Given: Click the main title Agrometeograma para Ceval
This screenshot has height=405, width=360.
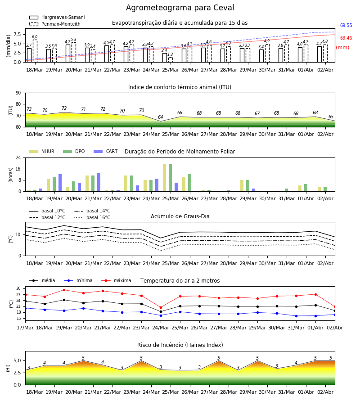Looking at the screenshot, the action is pos(180,8).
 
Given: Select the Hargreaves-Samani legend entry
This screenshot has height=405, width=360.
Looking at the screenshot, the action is pos(57,17).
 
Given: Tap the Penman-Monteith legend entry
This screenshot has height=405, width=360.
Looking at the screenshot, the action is pos(55,24).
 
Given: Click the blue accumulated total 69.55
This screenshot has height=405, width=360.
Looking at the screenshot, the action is pos(346,25).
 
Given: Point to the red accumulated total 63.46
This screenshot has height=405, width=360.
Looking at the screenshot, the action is pos(346,38).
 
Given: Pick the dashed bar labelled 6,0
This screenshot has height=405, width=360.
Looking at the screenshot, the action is pos(35,51).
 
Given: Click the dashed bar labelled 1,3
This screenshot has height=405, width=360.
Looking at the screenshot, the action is pos(171,60).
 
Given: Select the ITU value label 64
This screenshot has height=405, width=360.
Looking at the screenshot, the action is pos(160,117).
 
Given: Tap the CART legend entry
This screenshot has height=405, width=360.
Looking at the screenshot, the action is pos(106,151).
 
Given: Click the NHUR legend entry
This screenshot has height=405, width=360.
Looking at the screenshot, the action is pos(42,151).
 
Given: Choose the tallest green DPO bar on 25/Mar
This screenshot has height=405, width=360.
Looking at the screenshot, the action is pos(170,178).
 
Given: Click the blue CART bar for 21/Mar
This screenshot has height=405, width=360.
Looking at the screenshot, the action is pos(99,182).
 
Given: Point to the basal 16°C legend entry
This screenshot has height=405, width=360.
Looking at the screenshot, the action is pos(92,217).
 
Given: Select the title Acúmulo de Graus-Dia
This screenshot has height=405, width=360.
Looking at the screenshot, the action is pos(180,216).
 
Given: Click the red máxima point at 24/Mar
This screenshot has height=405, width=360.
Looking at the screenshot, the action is pos(161,307).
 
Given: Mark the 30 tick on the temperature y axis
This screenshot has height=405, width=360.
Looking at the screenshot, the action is pos(18,288).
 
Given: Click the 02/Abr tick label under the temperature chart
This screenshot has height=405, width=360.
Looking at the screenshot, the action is pos(335,328).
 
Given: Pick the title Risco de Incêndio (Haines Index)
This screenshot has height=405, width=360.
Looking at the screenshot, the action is pos(180,345).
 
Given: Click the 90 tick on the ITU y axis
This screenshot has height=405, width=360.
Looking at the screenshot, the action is pos(18,93).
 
